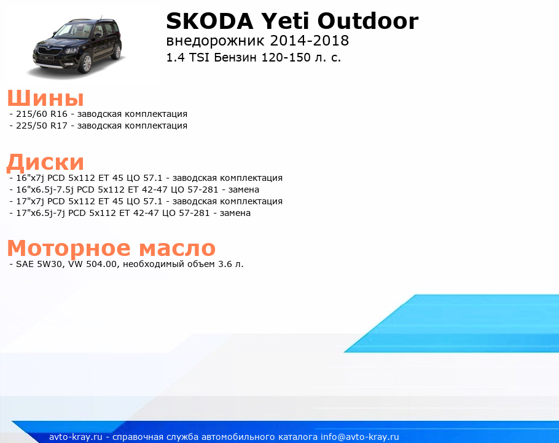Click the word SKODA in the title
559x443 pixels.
point(210,21)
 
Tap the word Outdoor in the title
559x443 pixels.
point(368,21)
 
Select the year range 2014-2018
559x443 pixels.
point(310,41)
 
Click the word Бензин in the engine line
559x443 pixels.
point(235,57)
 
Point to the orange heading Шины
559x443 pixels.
point(45,98)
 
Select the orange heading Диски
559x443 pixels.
point(45,162)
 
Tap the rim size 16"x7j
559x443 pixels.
point(30,178)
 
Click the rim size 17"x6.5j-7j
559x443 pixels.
point(41,213)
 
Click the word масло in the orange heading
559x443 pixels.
point(177,248)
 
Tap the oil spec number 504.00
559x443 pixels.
point(101,264)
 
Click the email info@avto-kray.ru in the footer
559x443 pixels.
point(360,437)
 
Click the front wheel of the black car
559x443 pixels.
point(86,63)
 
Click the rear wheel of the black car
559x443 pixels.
point(117,52)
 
